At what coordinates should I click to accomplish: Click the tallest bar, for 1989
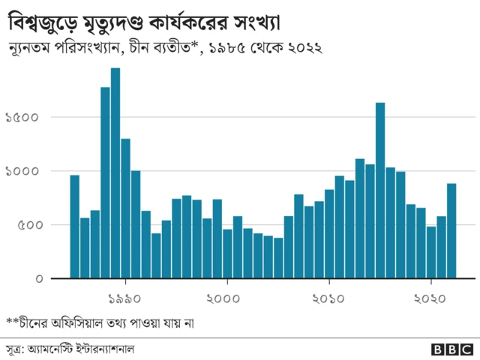(115, 173)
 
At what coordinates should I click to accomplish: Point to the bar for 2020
(431, 252)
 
